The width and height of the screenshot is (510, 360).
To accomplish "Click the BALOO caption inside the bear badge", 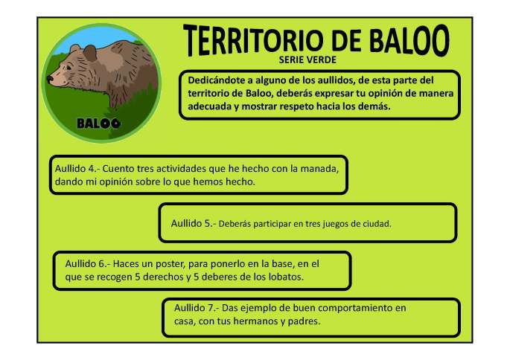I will pos(99,122).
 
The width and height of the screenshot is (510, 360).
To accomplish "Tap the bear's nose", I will pos(49,77).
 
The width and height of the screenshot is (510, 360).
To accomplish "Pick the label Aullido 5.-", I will pos(193,223).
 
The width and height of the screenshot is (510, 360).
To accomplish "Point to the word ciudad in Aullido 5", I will pos(374,223).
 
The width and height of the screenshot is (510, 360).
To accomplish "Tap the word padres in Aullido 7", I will pos(303,321).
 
